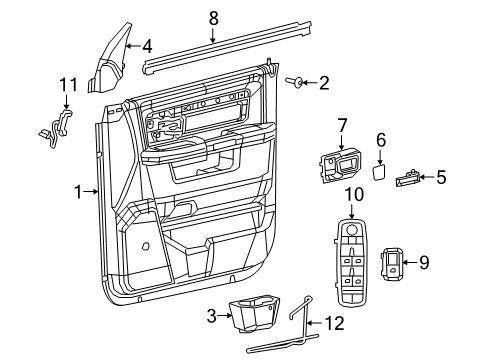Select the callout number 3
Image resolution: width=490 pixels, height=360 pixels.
point(211,317)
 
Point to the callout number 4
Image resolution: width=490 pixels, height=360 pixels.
point(146,46)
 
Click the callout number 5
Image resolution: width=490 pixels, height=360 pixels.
point(441,178)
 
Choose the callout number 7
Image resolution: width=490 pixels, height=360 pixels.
point(341,125)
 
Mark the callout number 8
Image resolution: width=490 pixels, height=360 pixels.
point(212,17)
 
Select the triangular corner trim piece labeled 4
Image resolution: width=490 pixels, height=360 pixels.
point(116,62)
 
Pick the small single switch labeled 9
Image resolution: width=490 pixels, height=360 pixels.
point(397,265)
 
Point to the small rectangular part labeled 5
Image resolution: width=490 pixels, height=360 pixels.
point(406,180)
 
